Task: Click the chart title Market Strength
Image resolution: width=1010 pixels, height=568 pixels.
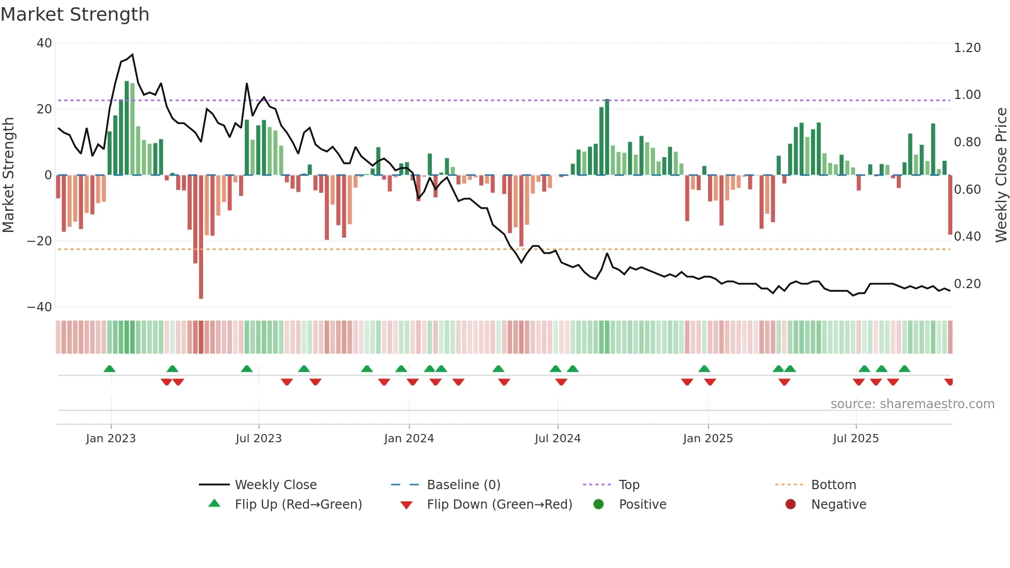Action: [75, 14]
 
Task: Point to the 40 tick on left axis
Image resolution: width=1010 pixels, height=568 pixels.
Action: [44, 43]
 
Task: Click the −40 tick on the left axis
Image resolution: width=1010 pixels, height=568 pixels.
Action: [40, 307]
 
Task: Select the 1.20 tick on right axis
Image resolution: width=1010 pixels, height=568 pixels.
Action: [967, 48]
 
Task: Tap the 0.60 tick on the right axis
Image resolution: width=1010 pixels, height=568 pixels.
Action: [967, 190]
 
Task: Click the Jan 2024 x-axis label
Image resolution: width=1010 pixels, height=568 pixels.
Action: [409, 439]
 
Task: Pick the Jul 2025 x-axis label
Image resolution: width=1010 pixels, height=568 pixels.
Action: [855, 439]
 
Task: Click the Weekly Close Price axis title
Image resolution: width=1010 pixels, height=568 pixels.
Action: [1001, 175]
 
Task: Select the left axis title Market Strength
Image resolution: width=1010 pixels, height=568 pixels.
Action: [9, 175]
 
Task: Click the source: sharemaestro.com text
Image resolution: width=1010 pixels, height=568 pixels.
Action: [912, 404]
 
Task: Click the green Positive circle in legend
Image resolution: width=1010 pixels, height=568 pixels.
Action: [598, 505]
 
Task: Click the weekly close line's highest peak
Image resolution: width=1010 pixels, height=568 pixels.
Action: [132, 55]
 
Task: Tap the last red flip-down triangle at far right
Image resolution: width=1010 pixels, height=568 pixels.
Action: [949, 382]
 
